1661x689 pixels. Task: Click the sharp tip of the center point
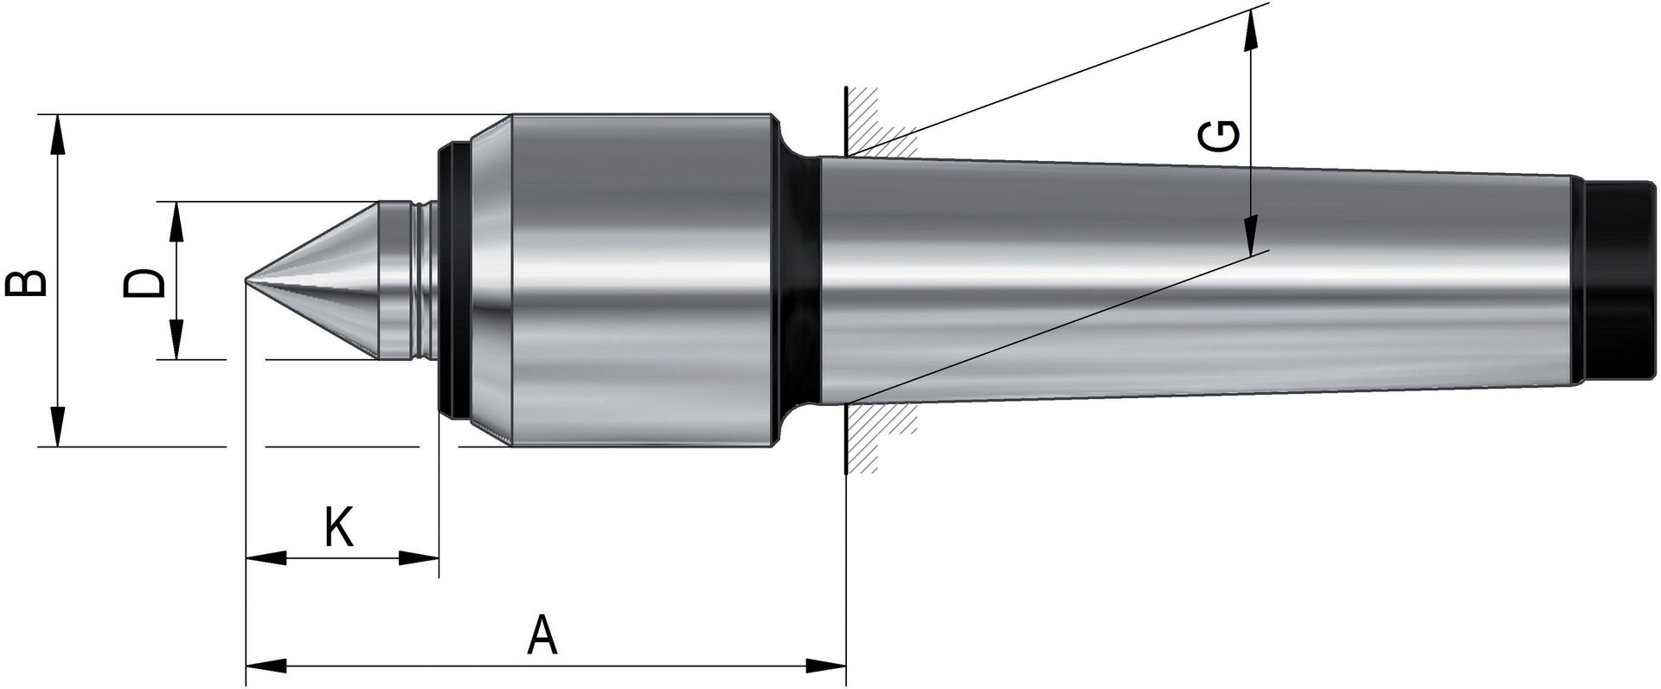click(247, 280)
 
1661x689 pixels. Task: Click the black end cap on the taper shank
click(1619, 280)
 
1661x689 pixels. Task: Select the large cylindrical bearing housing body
click(640, 280)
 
